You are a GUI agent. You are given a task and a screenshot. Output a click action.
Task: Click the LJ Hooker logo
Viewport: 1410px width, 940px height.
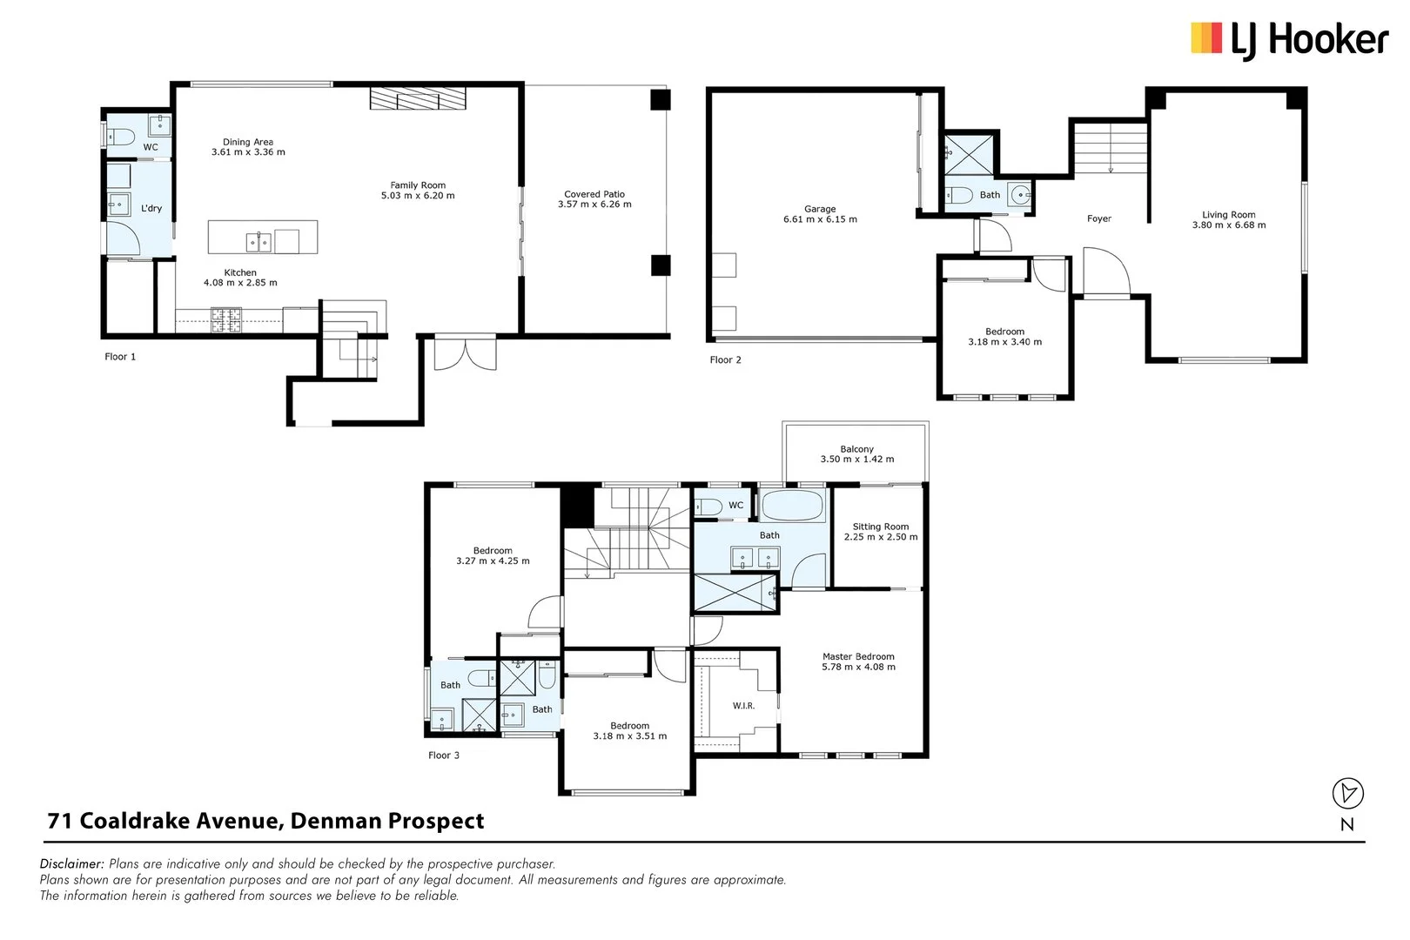point(1288,40)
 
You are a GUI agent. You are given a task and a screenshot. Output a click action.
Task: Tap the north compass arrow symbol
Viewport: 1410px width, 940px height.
point(1347,793)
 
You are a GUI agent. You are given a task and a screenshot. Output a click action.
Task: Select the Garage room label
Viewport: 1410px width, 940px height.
point(820,209)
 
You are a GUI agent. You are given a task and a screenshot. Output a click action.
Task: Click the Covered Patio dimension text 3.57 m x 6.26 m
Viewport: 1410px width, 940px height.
point(594,205)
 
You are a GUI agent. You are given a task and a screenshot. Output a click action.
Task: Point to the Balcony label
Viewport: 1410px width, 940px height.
point(856,449)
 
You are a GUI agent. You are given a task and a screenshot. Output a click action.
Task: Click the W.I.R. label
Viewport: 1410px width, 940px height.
point(743,706)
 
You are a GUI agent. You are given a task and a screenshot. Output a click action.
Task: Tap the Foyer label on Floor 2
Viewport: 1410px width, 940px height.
point(1098,219)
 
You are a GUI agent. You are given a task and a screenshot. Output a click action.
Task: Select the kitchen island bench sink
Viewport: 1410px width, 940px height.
point(258,240)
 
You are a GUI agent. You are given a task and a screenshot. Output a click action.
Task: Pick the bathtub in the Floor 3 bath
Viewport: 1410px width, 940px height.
point(791,506)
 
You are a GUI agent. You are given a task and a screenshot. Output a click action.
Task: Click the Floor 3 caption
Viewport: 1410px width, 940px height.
point(443,755)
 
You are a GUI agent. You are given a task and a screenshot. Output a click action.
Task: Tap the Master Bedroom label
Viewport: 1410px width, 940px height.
point(858,657)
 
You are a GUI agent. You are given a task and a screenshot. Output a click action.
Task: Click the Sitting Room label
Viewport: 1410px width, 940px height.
point(880,527)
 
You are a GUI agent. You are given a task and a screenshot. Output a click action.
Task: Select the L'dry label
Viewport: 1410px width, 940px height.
point(151,209)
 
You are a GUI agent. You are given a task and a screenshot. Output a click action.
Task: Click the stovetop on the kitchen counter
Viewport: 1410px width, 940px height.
point(225,319)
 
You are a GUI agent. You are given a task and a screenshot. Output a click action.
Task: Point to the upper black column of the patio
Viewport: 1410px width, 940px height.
point(661,99)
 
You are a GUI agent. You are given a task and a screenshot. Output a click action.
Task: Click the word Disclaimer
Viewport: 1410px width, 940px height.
point(72,864)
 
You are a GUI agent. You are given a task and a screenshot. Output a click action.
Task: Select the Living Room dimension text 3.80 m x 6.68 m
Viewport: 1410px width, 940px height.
point(1228,225)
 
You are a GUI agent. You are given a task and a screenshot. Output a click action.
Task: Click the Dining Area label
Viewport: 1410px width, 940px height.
point(248,142)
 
